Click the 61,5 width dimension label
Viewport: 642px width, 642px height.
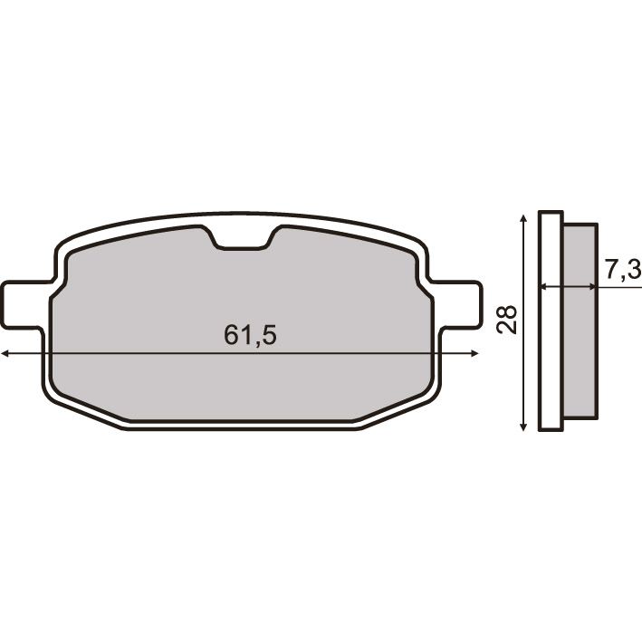pyautogui.click(x=249, y=335)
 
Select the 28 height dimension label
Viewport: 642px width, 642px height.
pyautogui.click(x=509, y=319)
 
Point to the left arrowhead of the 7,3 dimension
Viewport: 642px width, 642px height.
pyautogui.click(x=543, y=287)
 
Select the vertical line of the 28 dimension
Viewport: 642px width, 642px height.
pyautogui.click(x=523, y=362)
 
